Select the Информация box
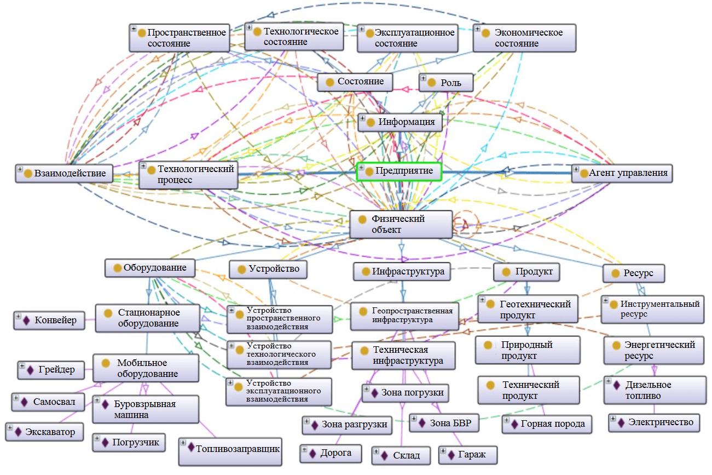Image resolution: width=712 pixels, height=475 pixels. point(400,122)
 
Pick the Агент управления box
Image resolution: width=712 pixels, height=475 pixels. point(622,173)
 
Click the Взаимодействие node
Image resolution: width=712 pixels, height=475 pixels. point(63,174)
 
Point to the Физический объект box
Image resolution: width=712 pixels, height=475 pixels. point(401,224)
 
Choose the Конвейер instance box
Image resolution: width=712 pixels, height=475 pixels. point(49,320)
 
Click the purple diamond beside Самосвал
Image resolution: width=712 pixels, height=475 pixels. point(24,402)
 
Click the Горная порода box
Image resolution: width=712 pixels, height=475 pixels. point(547,424)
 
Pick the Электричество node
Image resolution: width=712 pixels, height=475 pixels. point(653,422)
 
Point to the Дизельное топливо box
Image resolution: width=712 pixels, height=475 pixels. point(647,390)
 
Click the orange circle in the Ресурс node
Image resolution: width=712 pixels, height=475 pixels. point(615,273)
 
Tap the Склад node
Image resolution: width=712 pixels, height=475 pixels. point(401,455)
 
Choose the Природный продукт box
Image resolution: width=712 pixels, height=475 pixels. point(526,350)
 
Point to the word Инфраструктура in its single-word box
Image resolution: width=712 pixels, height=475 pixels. point(408,271)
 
